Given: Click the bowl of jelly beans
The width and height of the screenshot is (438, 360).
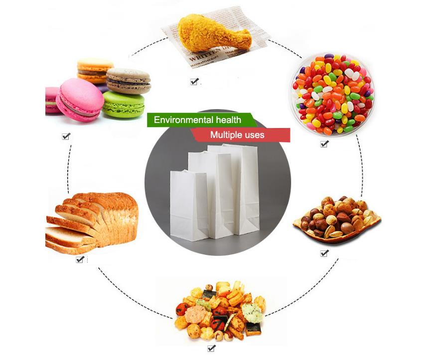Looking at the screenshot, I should [x=332, y=94].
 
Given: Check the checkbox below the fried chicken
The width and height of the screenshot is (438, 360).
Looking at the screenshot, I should [x=194, y=82].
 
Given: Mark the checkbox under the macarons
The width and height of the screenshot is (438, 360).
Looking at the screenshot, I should [x=66, y=136].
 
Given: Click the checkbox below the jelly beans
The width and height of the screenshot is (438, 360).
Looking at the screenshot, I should [x=324, y=144].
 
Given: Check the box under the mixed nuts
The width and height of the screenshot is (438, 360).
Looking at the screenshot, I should [x=324, y=253].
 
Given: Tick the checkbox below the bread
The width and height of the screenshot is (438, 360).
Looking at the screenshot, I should [x=80, y=259].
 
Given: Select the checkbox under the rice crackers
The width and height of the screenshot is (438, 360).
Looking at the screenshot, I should [x=211, y=348].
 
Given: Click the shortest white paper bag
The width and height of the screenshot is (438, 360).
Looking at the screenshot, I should [x=188, y=204].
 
